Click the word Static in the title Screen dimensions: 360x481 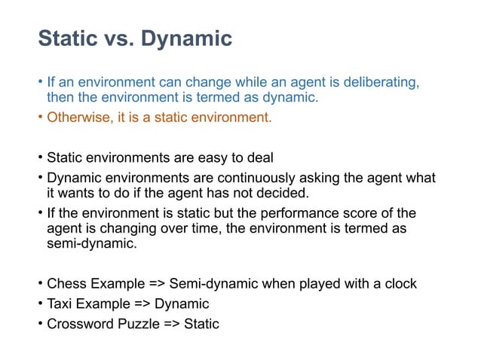[x=66, y=38]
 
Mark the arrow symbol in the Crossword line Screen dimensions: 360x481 [x=171, y=325]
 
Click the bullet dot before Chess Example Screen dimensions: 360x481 [x=41, y=284]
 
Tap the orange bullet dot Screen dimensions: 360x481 [x=41, y=117]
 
